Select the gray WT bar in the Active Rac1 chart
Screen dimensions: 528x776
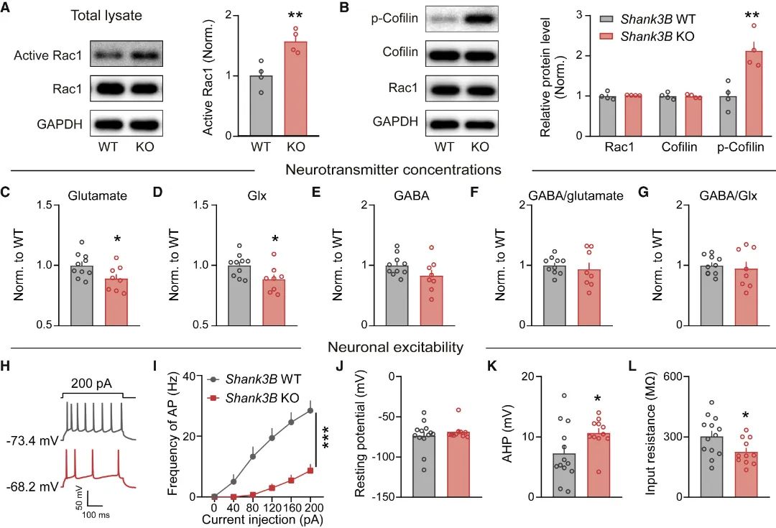point(261,106)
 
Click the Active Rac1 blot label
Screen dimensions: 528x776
point(46,55)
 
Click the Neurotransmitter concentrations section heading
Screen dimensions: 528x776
point(393,170)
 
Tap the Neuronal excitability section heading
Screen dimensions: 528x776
point(394,348)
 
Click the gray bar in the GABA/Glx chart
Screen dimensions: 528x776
point(713,295)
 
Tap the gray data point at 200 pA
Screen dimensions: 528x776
point(310,411)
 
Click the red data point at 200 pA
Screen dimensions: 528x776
point(310,470)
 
